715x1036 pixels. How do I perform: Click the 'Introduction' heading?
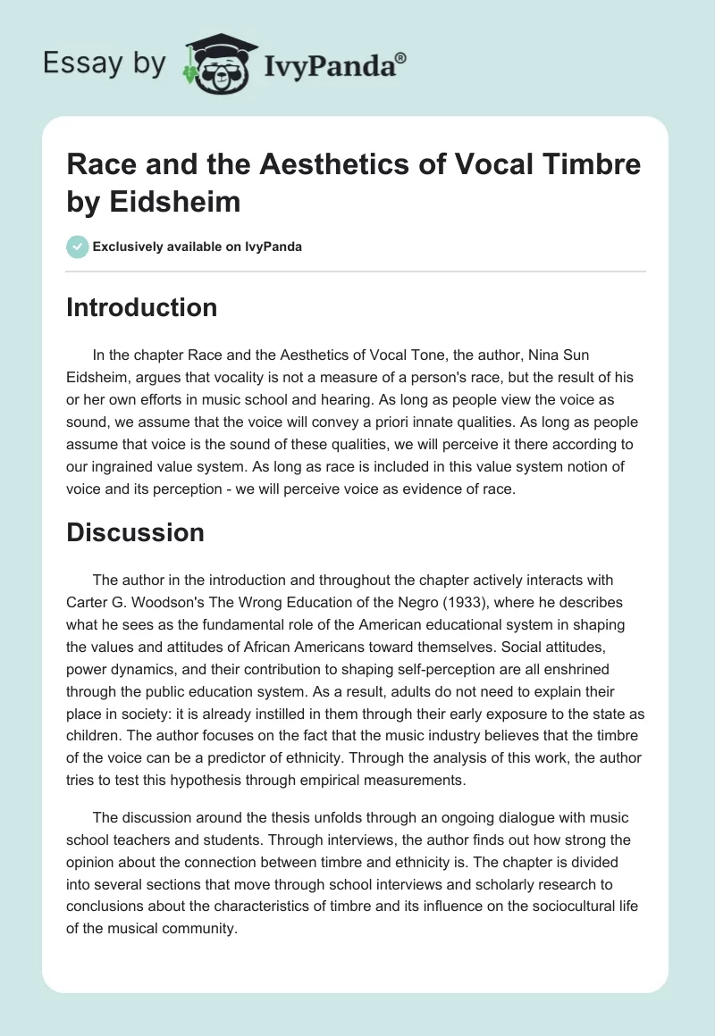coord(142,307)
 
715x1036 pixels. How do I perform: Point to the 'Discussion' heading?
coord(135,532)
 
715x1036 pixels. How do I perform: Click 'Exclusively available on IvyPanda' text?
coord(197,246)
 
